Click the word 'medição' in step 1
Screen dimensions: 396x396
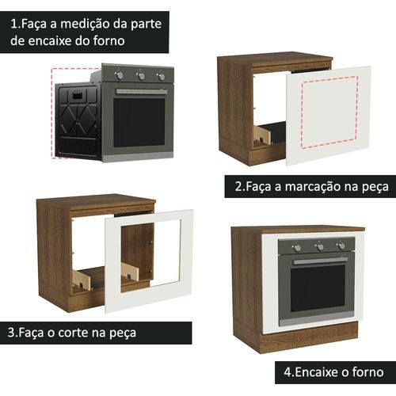point(85,24)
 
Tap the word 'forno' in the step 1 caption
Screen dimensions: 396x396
point(109,41)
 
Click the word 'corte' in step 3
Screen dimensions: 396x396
point(73,333)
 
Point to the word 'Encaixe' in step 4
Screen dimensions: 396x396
point(317,372)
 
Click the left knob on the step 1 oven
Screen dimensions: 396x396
point(120,75)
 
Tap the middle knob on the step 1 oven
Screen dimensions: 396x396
point(141,76)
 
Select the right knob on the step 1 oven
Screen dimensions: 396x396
point(161,77)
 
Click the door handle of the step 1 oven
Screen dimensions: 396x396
point(142,92)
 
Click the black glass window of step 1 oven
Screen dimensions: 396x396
point(139,123)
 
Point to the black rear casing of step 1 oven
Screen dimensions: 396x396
point(78,120)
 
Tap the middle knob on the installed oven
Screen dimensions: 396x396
point(319,247)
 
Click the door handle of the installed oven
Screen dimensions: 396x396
point(321,261)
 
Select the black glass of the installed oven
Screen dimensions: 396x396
point(318,288)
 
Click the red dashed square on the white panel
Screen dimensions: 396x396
point(329,112)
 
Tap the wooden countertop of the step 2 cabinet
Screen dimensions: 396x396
point(275,59)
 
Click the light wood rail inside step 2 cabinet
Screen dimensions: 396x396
point(263,135)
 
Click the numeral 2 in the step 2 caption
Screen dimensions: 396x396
point(238,187)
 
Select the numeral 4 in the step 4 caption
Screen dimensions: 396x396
point(287,372)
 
